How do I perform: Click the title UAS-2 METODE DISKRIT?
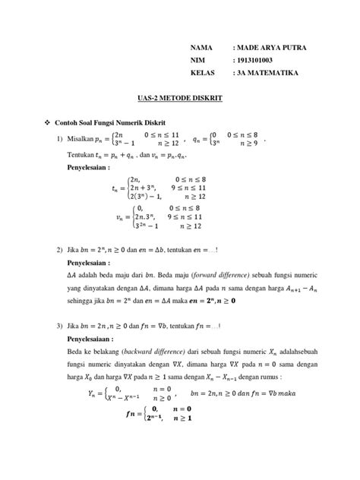(x=179, y=99)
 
